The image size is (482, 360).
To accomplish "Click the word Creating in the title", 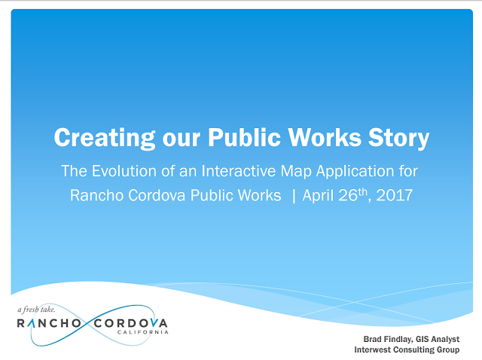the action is pos(105,138).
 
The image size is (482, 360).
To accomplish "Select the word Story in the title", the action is pos(398,138).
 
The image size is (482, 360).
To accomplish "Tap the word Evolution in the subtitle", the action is pos(124,171).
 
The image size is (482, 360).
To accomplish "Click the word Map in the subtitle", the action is pos(296,172).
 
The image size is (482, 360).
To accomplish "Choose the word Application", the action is pos(355,172).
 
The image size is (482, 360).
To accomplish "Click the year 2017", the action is pos(394,195).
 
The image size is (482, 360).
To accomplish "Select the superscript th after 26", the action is pos(363,192).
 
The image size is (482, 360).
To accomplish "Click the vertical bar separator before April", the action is pos(294,196).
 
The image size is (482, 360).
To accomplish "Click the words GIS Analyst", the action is pos(438,339).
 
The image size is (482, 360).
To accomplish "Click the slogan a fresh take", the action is pos(36,309).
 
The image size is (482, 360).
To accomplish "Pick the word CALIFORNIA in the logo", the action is pos(142,332).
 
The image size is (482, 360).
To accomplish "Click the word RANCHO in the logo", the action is pos(49,323).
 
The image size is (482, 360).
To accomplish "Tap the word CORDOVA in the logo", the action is pos(130,323).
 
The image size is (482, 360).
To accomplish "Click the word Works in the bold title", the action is pos(325,137).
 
